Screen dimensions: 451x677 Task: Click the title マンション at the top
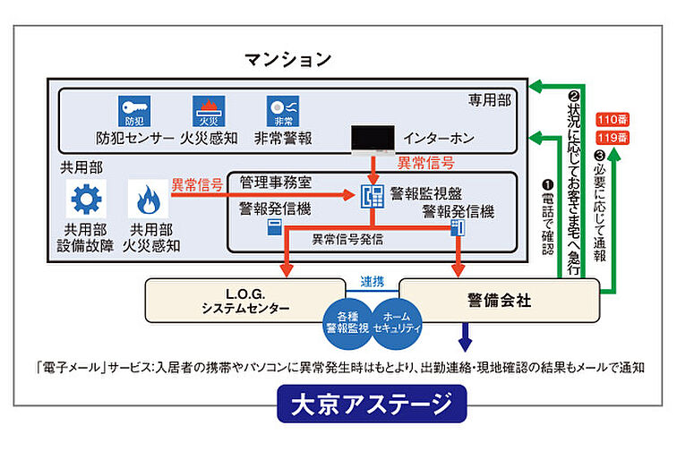(287, 60)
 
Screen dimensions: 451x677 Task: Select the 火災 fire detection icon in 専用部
(208, 111)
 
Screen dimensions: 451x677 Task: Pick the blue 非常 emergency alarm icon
(280, 111)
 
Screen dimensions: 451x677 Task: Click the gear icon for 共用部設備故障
(88, 198)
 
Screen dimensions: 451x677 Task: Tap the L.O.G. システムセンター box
(244, 300)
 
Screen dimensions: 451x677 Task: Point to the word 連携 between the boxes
(372, 281)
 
